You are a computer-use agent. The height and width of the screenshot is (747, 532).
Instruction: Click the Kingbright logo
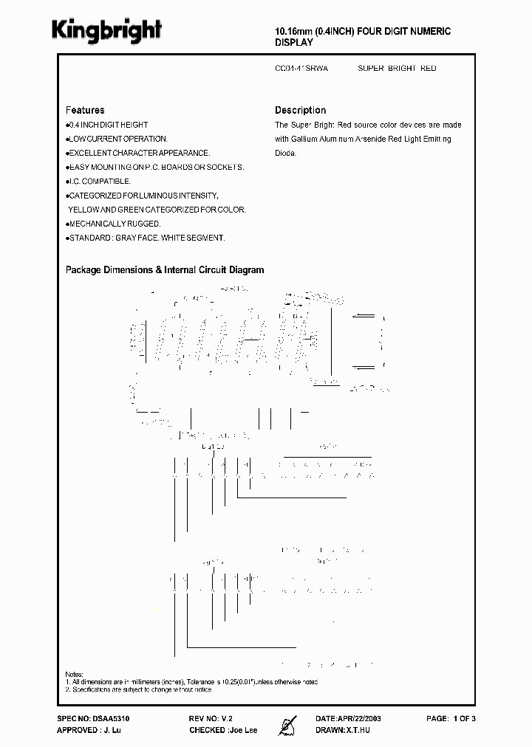coord(106,30)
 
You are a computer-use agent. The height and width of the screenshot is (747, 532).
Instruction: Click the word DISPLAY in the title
coord(294,44)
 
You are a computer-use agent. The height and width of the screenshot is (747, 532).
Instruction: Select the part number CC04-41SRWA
coord(301,69)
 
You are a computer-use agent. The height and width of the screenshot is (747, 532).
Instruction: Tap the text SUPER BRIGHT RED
coord(397,69)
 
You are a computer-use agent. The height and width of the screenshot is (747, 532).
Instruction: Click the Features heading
coord(85,110)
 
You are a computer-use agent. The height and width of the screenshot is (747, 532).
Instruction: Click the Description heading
coord(300,110)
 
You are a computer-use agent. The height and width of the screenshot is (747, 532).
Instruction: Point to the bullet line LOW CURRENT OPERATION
coord(118,139)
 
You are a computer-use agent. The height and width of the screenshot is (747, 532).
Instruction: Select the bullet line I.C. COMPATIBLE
coord(100,181)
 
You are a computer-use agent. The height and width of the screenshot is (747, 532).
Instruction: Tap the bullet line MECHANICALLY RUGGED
coord(115,224)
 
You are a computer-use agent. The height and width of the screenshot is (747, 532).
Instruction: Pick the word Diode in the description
coord(285,153)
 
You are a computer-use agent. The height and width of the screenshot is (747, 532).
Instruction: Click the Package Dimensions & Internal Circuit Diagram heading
coord(165,270)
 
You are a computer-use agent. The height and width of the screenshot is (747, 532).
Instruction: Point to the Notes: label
coord(75,675)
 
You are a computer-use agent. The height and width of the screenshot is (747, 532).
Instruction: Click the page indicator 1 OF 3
coord(463,718)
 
